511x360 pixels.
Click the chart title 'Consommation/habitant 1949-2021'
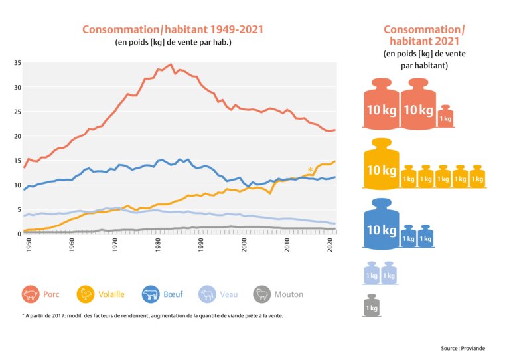click(x=173, y=30)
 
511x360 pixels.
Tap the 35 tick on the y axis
click(x=18, y=63)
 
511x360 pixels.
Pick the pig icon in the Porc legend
click(x=31, y=294)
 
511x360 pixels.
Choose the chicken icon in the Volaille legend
click(x=86, y=294)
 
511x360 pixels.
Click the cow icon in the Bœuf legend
click(x=151, y=294)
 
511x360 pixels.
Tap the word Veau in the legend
click(x=229, y=294)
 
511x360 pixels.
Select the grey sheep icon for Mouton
click(x=263, y=294)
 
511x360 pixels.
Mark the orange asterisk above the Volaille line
click(x=310, y=170)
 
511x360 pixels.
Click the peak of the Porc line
click(x=171, y=64)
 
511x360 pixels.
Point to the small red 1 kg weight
click(x=445, y=116)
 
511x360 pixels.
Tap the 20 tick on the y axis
click(x=18, y=136)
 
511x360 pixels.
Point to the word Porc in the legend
click(x=51, y=294)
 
